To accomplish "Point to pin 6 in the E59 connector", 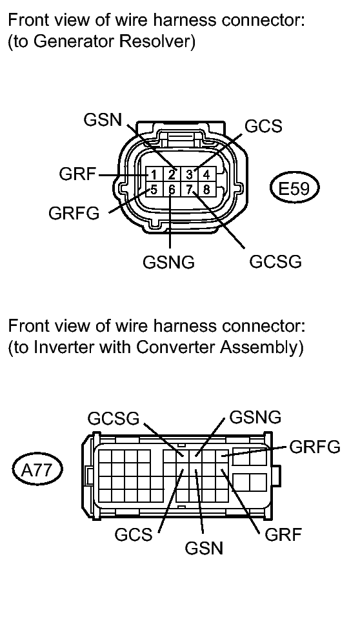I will pos(172,189).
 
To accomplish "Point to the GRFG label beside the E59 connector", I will pos(74,214).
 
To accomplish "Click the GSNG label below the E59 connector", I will pos(169,263).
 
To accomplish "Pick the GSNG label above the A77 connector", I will pos(255,417).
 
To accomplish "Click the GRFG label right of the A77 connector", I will pos(314,447).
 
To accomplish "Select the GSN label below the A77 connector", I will pos(204,549).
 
